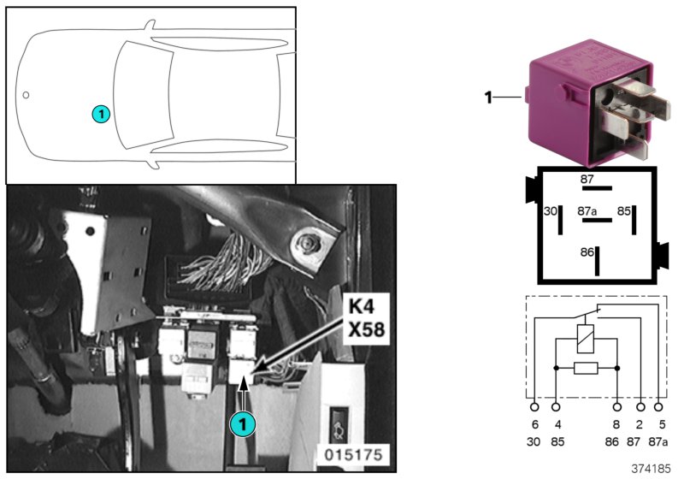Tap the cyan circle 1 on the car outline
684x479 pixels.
click(x=100, y=113)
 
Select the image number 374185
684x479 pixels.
click(x=651, y=470)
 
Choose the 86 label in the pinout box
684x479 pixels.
click(x=587, y=252)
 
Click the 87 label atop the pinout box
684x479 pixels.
click(x=587, y=180)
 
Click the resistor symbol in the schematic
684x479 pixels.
click(x=586, y=369)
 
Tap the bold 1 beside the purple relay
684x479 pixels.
click(x=489, y=98)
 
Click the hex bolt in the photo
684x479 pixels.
click(x=308, y=244)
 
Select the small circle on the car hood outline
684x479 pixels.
click(x=27, y=95)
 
